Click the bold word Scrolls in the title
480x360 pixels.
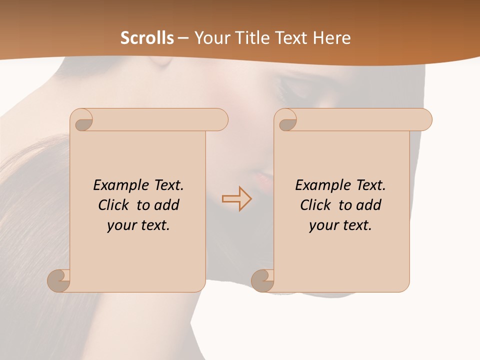(x=147, y=38)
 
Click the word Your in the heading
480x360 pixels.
(x=210, y=38)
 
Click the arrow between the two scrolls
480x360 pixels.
(x=236, y=198)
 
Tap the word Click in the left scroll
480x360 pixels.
(x=114, y=205)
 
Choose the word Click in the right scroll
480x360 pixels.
(x=316, y=205)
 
